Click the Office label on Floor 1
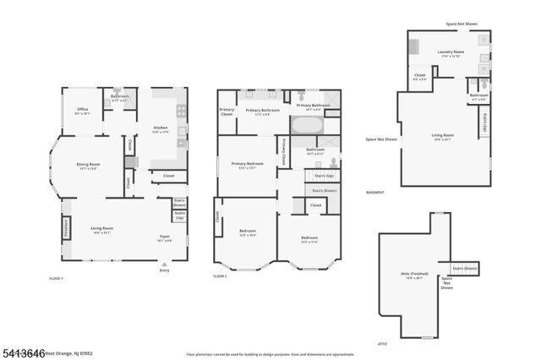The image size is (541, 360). (x=83, y=109)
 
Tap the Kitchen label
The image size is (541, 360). (x=160, y=129)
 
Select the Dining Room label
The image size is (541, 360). (x=89, y=166)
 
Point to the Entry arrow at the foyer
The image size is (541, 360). (x=164, y=262)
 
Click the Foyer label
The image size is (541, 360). (x=165, y=237)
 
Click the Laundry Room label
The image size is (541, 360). (x=451, y=53)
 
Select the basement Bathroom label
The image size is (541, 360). (x=478, y=97)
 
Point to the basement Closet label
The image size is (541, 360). (x=420, y=77)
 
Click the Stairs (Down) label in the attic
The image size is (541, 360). (x=465, y=268)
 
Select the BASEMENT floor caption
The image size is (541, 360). (x=375, y=192)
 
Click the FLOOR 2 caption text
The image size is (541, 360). (x=221, y=276)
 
